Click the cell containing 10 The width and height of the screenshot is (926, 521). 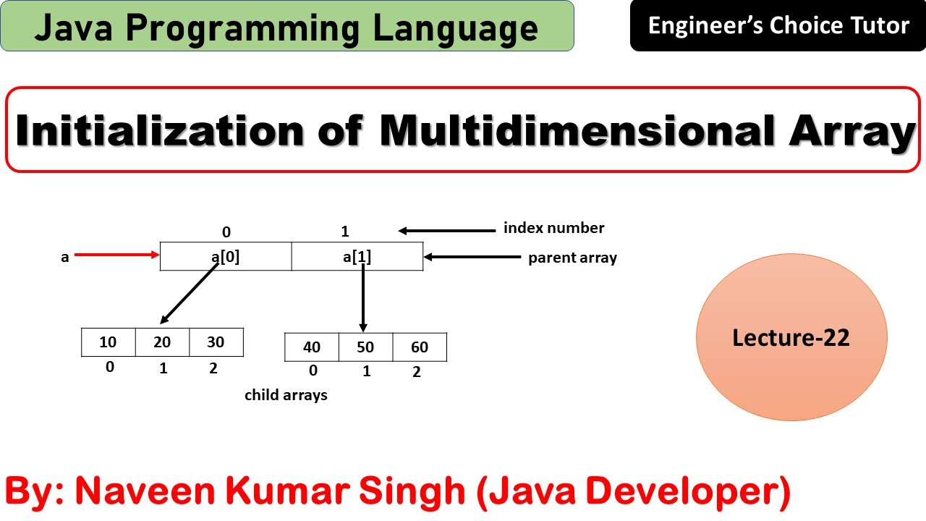109,342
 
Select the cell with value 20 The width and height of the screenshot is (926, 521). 162,342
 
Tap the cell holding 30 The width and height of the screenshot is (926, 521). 216,342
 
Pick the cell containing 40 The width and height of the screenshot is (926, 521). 312,347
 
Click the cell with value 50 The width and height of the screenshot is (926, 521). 365,347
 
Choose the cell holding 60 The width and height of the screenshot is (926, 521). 420,347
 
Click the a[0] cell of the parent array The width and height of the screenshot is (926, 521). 226,256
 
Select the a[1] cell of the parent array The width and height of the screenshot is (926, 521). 357,256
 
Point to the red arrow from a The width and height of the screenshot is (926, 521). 116,254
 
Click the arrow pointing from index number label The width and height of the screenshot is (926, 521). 445,231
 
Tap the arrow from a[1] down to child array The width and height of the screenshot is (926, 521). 362,297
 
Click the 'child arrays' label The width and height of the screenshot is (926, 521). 286,395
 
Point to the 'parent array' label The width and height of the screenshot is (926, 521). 572,258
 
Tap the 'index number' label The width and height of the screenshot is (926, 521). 553,229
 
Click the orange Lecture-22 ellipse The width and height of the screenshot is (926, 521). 791,338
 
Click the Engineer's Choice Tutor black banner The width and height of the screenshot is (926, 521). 778,26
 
